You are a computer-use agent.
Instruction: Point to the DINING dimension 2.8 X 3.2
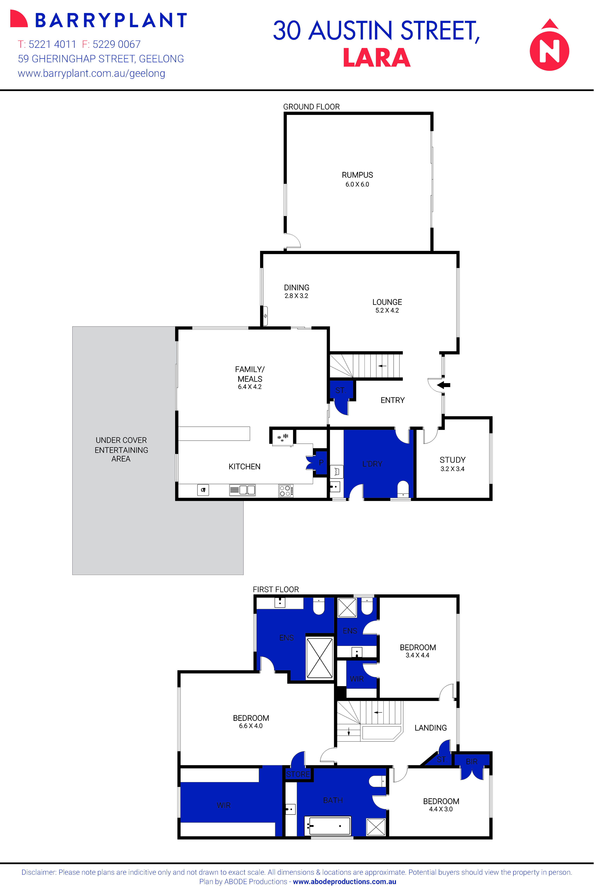pyautogui.click(x=296, y=296)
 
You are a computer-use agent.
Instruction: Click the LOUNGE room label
pyautogui.click(x=387, y=302)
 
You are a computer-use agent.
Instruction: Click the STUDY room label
pyautogui.click(x=452, y=460)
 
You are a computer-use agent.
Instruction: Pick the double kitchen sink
pyautogui.click(x=243, y=490)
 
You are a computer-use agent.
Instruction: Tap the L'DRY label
pyautogui.click(x=372, y=464)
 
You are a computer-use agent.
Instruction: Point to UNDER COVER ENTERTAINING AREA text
pyautogui.click(x=121, y=449)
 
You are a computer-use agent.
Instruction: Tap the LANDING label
pyautogui.click(x=430, y=728)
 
